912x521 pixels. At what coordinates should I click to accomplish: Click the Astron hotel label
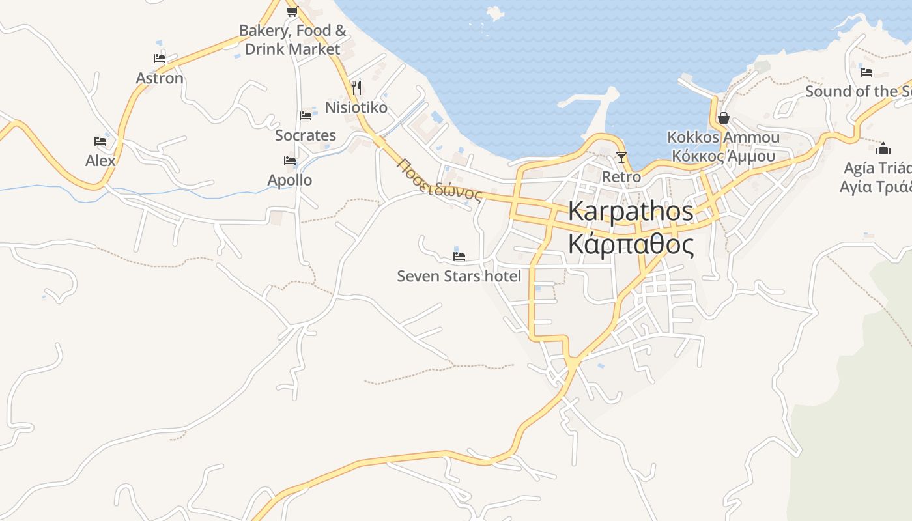pyautogui.click(x=160, y=78)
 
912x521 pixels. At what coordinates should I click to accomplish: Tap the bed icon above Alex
pyautogui.click(x=100, y=141)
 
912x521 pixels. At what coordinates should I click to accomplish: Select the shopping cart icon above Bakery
pyautogui.click(x=292, y=11)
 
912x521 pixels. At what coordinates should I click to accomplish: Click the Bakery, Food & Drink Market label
pyautogui.click(x=292, y=40)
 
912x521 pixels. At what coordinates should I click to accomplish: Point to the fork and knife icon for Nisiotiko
pyautogui.click(x=356, y=87)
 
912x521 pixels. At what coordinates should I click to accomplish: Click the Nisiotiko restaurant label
pyautogui.click(x=356, y=107)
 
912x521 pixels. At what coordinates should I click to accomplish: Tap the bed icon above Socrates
pyautogui.click(x=306, y=116)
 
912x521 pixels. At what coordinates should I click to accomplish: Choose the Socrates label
pyautogui.click(x=306, y=135)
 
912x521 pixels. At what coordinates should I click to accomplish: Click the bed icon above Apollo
pyautogui.click(x=290, y=160)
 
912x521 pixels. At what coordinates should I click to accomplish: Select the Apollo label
pyautogui.click(x=290, y=180)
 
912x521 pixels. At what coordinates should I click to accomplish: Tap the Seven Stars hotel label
pyautogui.click(x=459, y=276)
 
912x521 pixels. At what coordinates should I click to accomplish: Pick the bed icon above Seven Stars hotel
pyautogui.click(x=459, y=257)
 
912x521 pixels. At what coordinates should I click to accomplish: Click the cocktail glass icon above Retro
pyautogui.click(x=621, y=157)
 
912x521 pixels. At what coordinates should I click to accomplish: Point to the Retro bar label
pyautogui.click(x=621, y=177)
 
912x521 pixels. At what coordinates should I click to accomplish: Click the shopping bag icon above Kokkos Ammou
pyautogui.click(x=723, y=118)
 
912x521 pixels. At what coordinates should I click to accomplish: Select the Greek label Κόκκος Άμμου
pyautogui.click(x=724, y=156)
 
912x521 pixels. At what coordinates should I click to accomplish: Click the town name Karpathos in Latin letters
pyautogui.click(x=631, y=212)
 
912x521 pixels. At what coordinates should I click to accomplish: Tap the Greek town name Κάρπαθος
pyautogui.click(x=631, y=245)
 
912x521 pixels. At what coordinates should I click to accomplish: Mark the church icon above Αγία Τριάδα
pyautogui.click(x=883, y=148)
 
